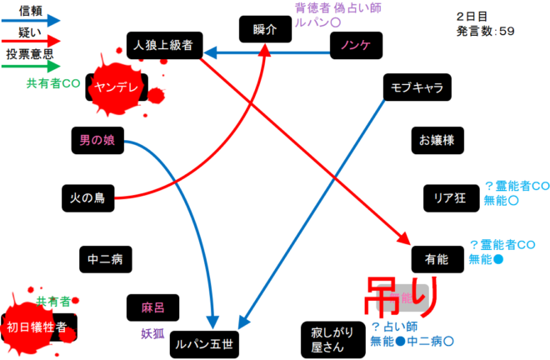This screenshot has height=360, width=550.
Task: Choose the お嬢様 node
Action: coord(437,140)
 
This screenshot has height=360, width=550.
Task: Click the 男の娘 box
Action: coord(97,141)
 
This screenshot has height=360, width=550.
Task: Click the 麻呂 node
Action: coord(152,308)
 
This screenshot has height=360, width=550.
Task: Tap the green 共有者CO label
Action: coord(53,83)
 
